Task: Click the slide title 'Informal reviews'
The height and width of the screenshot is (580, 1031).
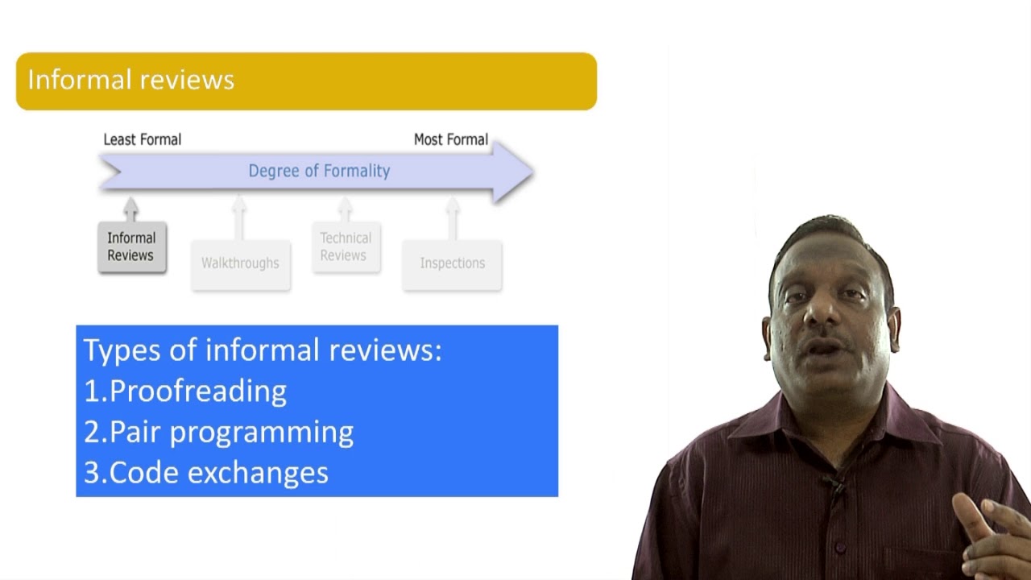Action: pos(130,81)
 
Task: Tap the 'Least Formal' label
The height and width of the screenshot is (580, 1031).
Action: pos(142,139)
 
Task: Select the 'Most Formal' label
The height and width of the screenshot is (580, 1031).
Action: pos(450,139)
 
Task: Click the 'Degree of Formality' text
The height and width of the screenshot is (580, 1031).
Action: pos(319,171)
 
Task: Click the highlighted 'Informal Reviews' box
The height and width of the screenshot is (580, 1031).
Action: pos(131,246)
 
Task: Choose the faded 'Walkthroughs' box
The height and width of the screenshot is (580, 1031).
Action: pos(240,263)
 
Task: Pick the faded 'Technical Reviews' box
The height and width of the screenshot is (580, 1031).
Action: pos(346,246)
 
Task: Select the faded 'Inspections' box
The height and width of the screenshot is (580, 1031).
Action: pos(452,263)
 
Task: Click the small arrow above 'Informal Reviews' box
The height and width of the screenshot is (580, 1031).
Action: pos(131,209)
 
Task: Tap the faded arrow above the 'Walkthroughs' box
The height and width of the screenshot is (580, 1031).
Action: pos(239,216)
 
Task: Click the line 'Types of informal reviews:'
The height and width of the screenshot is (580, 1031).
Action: pos(263,350)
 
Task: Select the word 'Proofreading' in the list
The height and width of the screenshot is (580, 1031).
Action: pos(197,391)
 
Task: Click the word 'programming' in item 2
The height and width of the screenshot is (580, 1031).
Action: pos(261,433)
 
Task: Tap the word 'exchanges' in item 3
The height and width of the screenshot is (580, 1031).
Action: pos(257,473)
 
